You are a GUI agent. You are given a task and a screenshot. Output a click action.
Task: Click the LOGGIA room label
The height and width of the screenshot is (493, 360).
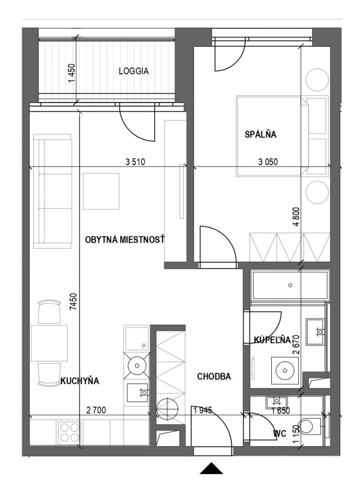tap(133, 71)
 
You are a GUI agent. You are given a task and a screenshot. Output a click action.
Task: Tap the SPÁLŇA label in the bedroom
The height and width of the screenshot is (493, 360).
tap(261, 135)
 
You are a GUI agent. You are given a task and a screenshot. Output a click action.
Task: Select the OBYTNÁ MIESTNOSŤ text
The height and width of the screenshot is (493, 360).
tap(125, 240)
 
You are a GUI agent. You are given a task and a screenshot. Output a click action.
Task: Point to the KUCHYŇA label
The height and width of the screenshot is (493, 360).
tap(80, 381)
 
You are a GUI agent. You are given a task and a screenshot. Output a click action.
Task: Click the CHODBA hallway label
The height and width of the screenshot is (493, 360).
tap(214, 376)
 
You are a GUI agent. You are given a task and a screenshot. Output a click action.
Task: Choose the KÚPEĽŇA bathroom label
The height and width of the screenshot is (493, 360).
tap(272, 340)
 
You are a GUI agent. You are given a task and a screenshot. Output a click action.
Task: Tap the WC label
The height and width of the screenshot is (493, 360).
tap(280, 434)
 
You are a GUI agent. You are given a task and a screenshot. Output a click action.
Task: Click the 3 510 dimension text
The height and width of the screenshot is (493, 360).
tap(135, 162)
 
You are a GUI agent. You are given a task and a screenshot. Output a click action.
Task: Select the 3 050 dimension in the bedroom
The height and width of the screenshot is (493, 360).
tap(268, 162)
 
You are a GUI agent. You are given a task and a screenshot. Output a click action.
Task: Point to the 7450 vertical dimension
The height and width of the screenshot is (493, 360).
tap(73, 302)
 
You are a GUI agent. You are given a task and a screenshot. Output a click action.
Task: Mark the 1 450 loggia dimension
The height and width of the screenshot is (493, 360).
tap(72, 74)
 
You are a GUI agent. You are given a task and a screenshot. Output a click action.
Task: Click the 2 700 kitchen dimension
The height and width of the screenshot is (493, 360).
tap(96, 410)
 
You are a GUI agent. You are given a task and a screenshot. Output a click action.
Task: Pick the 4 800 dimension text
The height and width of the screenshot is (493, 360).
tap(298, 217)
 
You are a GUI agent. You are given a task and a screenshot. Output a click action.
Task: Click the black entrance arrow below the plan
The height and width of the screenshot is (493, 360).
tap(212, 468)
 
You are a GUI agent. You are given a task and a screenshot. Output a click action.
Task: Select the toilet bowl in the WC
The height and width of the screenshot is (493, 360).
tap(308, 427)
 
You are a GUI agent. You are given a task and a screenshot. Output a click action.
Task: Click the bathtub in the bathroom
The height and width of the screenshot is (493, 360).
tap(290, 285)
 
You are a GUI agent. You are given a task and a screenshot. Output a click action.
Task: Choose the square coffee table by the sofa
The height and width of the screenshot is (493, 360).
tap(101, 191)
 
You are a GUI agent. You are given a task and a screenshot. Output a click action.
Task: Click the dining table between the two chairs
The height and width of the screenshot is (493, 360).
tap(50, 343)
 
